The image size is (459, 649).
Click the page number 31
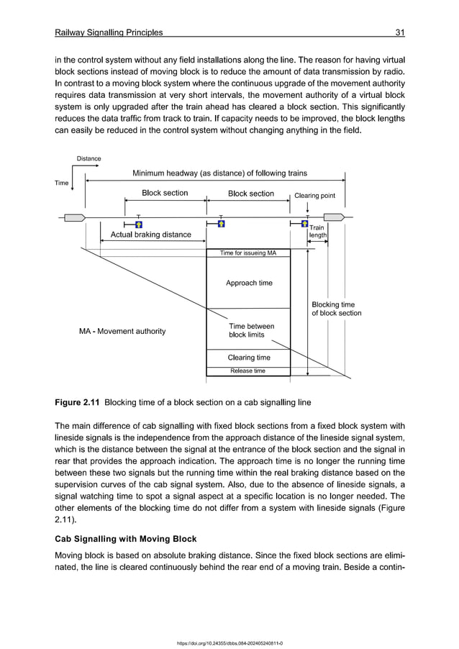point(400,32)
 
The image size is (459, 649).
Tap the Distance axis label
point(89,158)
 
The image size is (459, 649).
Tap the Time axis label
point(62,183)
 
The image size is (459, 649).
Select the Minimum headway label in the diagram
point(219,173)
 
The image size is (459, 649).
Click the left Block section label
point(165,193)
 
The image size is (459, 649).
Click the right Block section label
point(250,193)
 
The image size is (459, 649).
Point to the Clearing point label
point(314,195)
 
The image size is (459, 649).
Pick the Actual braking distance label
point(150,235)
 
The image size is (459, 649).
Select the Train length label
point(318,231)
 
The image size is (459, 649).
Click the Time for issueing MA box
point(248,253)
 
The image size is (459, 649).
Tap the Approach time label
point(249,283)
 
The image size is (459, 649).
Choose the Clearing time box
point(248,358)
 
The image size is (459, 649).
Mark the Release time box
point(248,371)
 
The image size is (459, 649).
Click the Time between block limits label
point(250,330)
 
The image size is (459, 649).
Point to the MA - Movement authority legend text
point(122,331)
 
